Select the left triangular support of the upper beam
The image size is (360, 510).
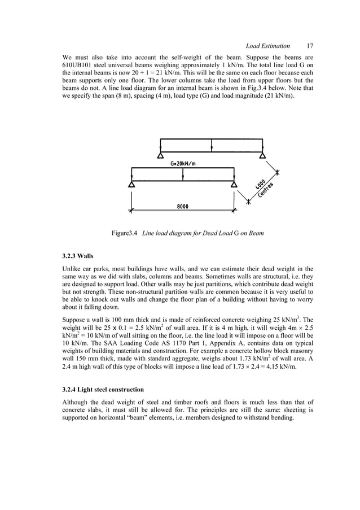pos(160,155)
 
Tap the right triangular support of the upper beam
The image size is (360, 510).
pos(262,155)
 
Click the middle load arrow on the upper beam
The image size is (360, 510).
pos(211,146)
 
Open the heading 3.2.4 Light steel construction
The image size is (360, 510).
pos(103,389)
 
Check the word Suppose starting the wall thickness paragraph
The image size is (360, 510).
pos(76,326)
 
